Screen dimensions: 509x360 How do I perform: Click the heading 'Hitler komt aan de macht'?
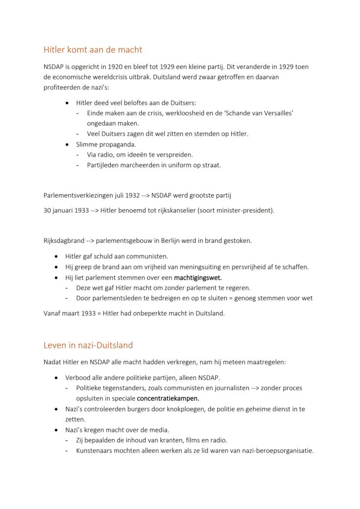click(93, 50)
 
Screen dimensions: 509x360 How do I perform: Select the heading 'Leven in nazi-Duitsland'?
click(88, 346)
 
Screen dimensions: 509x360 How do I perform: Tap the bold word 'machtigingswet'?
click(197, 278)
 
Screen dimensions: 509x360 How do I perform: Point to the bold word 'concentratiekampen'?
click(167, 398)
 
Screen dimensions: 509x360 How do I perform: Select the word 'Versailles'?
click(276, 113)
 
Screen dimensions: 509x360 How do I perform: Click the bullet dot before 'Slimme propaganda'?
click(67, 144)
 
